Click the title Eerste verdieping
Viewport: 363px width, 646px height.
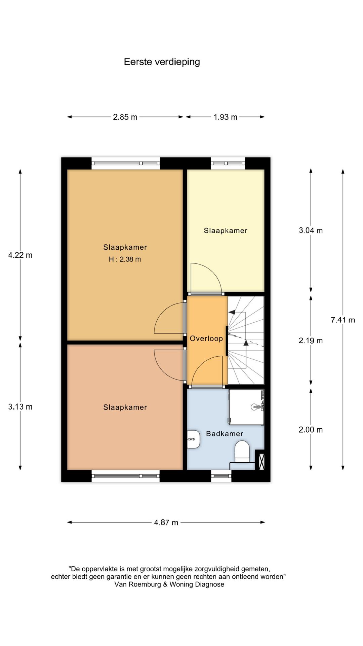click(162, 62)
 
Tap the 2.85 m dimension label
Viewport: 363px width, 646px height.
click(125, 117)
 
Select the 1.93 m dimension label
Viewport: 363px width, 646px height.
click(226, 117)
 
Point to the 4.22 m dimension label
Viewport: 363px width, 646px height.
click(20, 255)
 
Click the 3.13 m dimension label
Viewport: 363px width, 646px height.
click(20, 407)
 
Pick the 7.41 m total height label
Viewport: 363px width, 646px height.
click(343, 320)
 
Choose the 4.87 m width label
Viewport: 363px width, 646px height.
click(166, 523)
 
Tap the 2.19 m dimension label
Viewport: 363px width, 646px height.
click(311, 340)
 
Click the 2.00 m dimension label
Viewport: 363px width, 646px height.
click(311, 430)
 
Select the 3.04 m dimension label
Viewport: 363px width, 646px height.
click(311, 230)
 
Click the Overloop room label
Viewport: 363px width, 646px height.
click(206, 339)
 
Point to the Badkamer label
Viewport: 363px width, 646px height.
click(225, 434)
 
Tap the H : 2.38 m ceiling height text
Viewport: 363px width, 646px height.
click(125, 259)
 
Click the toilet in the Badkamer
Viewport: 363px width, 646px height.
click(242, 452)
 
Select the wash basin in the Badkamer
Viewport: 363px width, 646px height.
click(194, 439)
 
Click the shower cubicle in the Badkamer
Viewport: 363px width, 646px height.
click(246, 407)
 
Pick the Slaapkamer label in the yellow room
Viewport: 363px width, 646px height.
click(226, 231)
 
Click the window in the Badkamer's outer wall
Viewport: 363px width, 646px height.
click(221, 476)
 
